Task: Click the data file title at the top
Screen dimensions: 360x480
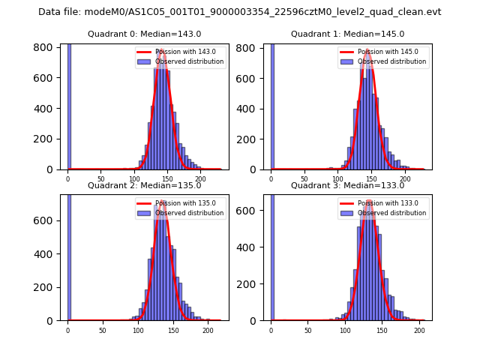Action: click(240, 12)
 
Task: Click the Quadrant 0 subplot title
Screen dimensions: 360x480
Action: click(145, 34)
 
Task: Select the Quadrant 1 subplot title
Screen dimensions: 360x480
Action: click(347, 34)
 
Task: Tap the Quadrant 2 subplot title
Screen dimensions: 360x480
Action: click(145, 185)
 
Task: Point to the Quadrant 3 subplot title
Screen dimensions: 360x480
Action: click(347, 185)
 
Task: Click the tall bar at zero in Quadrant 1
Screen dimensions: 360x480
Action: click(271, 105)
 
